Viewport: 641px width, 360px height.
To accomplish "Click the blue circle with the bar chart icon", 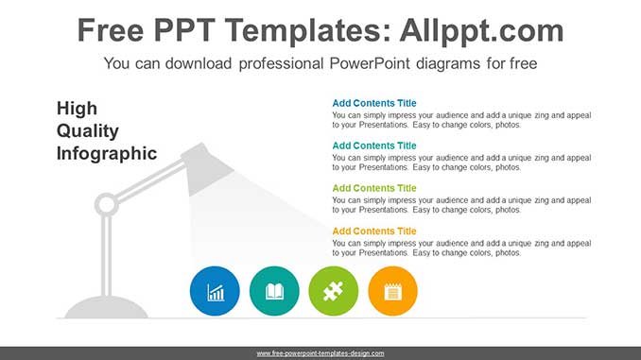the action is click(215, 291).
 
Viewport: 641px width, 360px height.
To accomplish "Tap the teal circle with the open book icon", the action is click(274, 291).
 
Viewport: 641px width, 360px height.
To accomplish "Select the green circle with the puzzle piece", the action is click(334, 291).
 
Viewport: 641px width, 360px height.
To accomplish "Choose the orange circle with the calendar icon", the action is click(393, 291).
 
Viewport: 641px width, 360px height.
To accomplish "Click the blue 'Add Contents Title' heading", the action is click(374, 103).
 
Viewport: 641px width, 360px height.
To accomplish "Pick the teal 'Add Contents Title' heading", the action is click(374, 146).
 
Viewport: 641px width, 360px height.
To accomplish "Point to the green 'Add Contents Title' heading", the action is click(374, 188).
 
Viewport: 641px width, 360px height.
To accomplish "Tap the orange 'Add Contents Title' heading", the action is click(374, 231).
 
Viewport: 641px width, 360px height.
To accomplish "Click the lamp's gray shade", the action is click(206, 169).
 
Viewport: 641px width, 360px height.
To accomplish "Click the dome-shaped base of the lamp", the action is click(106, 307).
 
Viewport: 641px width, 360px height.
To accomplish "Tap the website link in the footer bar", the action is click(320, 353).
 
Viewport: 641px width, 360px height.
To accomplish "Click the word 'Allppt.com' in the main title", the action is click(481, 30).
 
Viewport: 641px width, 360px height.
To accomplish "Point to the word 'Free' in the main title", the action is click(111, 30).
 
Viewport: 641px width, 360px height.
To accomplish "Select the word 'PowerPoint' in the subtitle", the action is click(370, 63).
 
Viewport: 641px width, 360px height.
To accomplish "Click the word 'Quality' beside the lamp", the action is click(88, 131).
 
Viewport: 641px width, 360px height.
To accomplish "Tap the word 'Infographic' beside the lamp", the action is click(107, 154).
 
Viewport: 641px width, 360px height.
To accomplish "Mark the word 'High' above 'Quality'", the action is click(77, 109).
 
